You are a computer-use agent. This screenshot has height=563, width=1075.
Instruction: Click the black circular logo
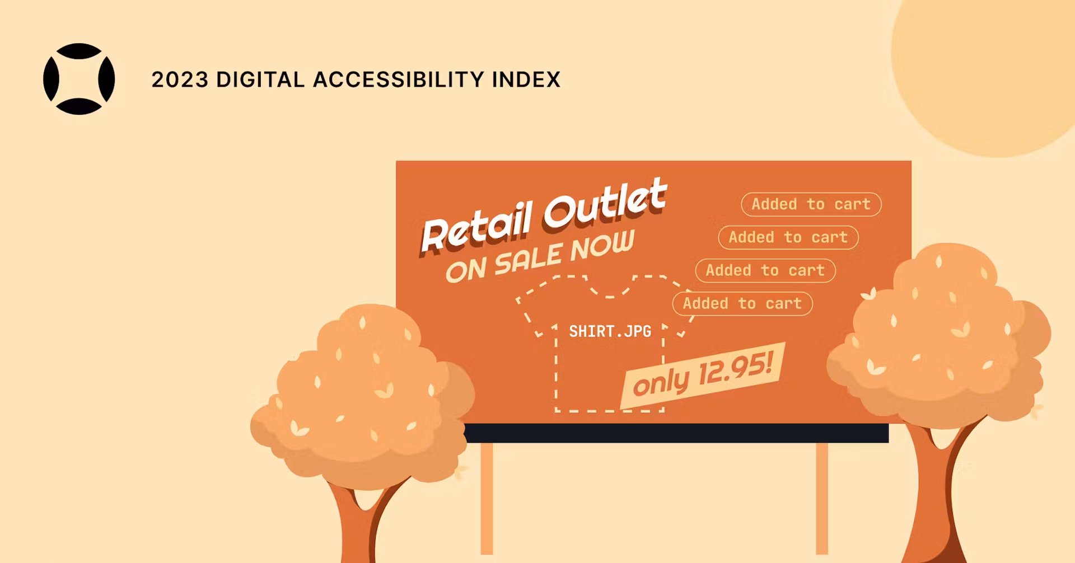click(x=79, y=79)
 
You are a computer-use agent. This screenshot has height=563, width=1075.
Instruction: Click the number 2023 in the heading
click(x=180, y=79)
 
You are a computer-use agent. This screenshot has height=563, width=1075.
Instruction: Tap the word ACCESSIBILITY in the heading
click(x=398, y=79)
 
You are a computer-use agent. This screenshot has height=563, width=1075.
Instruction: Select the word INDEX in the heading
click(x=526, y=79)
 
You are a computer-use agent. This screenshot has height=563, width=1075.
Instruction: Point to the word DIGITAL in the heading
click(x=260, y=79)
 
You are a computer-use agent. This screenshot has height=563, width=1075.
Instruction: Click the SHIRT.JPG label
click(x=610, y=331)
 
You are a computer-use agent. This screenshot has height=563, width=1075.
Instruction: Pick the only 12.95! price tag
click(x=703, y=375)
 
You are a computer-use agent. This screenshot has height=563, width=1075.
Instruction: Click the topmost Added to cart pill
click(x=811, y=204)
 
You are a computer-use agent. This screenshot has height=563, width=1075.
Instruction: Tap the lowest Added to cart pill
click(x=742, y=303)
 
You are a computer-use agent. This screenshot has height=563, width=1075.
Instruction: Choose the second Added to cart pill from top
click(x=788, y=237)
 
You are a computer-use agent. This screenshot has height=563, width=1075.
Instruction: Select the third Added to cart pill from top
click(x=765, y=270)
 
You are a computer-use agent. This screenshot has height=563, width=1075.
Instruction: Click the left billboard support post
click(x=487, y=498)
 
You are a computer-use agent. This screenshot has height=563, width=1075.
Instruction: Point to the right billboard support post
click(x=821, y=498)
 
